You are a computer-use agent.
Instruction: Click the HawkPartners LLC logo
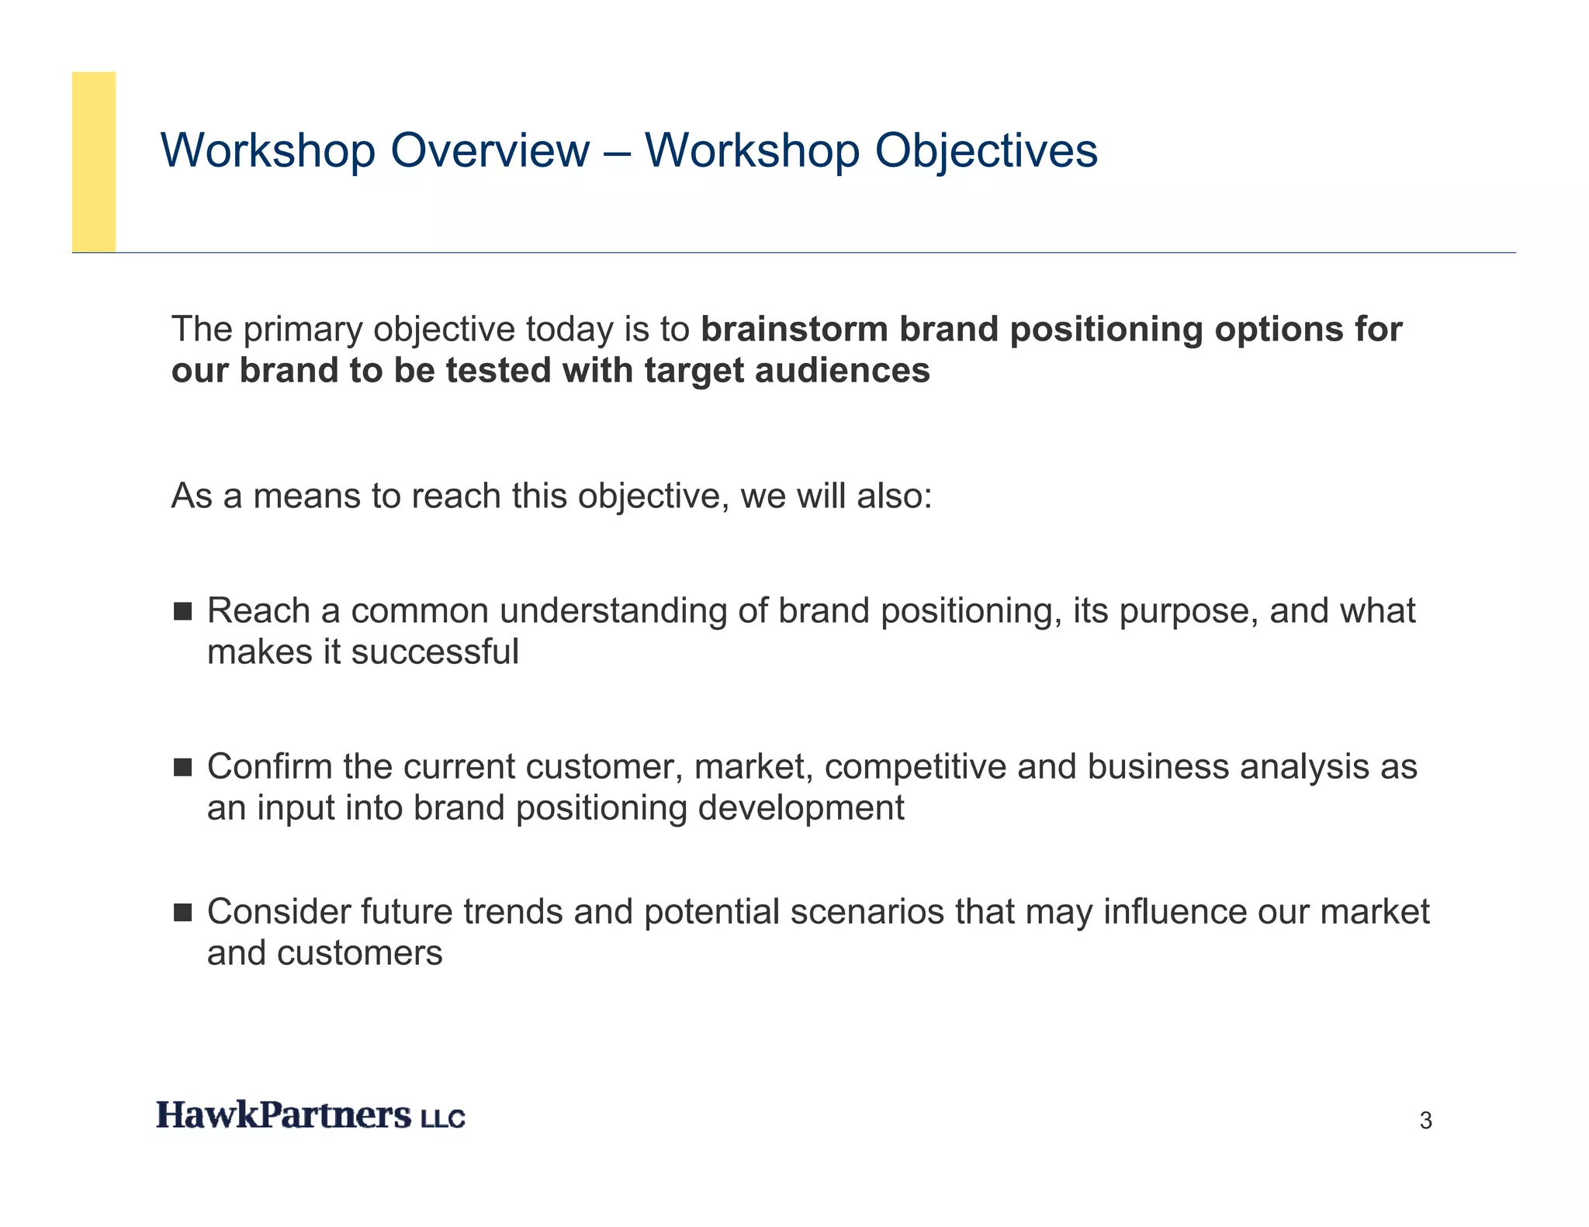pos(310,1115)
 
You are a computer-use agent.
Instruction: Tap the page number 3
pos(1425,1121)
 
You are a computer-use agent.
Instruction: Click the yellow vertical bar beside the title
pos(94,161)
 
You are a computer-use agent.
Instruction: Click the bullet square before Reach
pos(182,611)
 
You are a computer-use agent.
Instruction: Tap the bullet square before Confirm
pos(182,767)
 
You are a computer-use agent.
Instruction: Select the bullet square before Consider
pos(182,912)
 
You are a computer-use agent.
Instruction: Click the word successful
pos(434,652)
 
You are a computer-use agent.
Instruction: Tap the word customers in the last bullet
pos(359,953)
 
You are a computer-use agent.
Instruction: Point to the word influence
pos(1175,912)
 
